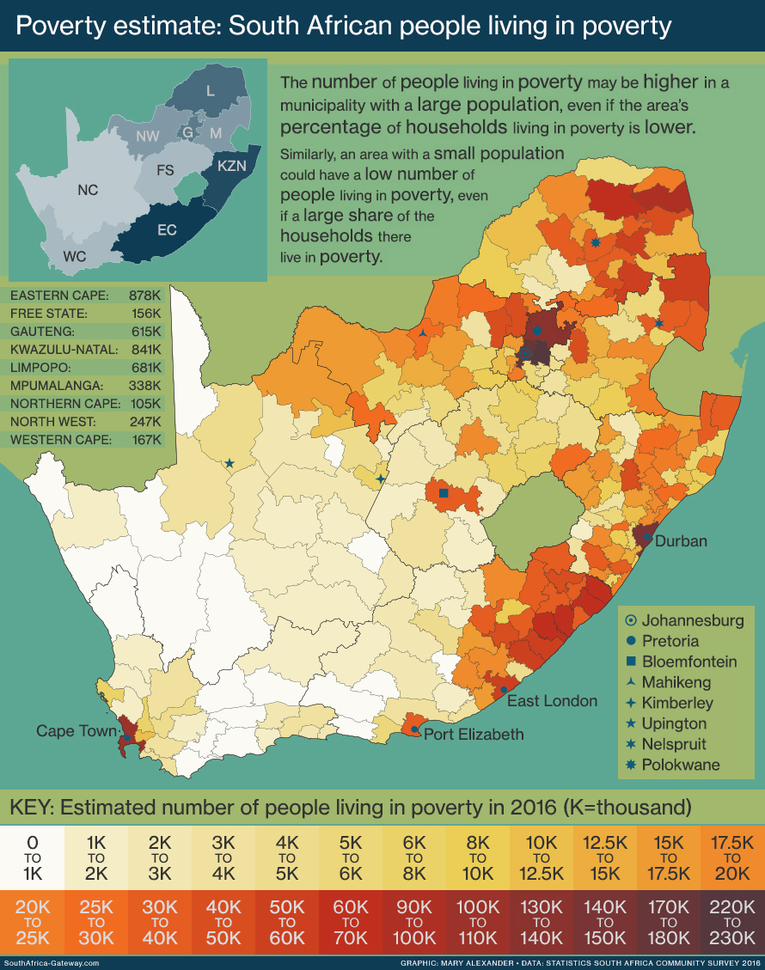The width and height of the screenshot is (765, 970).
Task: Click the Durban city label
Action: coord(681,541)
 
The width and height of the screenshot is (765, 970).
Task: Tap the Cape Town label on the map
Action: coord(76,731)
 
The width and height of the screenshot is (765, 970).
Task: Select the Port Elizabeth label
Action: coord(473,734)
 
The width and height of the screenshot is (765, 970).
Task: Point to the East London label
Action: coord(552,701)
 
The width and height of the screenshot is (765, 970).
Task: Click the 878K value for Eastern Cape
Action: coord(145,296)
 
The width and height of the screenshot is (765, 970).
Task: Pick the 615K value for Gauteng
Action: coord(145,332)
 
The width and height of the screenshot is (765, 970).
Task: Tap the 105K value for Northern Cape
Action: coord(145,404)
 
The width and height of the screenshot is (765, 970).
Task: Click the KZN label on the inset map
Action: coord(231,166)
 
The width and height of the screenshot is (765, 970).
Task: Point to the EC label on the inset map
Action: coord(167,231)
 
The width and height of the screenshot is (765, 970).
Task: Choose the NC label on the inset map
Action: coord(88,190)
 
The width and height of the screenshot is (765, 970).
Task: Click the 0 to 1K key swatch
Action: coord(32,857)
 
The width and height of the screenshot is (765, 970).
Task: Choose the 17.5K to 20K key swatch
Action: coord(732,857)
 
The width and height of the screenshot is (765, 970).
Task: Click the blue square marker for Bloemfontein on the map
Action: coord(444,493)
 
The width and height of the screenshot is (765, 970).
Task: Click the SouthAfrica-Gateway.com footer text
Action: coord(52,963)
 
